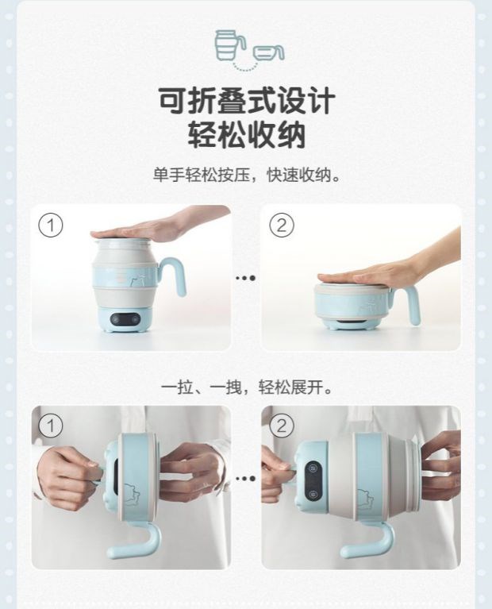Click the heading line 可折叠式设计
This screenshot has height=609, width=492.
[247, 101]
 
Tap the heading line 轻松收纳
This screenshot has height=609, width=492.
[247, 134]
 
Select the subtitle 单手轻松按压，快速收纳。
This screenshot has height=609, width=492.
[247, 175]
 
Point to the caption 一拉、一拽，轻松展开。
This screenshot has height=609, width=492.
[247, 387]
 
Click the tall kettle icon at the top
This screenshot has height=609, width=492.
[229, 45]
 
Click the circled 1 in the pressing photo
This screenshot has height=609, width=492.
[51, 225]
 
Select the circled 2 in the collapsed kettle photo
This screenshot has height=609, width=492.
[282, 225]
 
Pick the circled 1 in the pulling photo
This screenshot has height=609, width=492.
[51, 426]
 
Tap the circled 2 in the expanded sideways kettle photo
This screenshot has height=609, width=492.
[282, 426]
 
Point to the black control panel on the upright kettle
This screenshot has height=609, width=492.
[125, 319]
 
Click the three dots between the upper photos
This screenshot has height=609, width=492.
[246, 278]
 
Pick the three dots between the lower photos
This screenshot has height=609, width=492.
[246, 478]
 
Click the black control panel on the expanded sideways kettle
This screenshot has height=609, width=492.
[313, 481]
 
